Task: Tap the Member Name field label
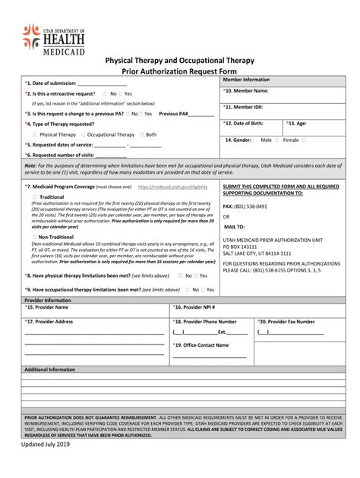(x=248, y=90)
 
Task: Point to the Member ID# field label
(x=245, y=108)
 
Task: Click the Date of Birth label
(x=247, y=123)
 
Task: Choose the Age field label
(x=297, y=123)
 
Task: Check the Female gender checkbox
(x=304, y=140)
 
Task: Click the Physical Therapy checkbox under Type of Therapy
(x=34, y=134)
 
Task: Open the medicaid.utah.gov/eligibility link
(x=172, y=186)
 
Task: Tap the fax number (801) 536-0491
(x=250, y=206)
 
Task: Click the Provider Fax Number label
(x=286, y=322)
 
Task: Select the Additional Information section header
(x=50, y=370)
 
